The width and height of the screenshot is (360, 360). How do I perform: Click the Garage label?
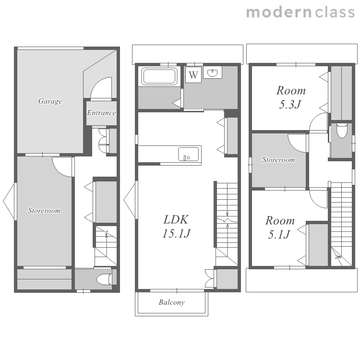50,101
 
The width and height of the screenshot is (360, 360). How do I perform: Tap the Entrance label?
101,113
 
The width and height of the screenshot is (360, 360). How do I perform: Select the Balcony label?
171,302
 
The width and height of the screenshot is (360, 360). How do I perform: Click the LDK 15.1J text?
176,227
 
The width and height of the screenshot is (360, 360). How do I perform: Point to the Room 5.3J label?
291,97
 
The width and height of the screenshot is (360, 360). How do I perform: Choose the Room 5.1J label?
280,228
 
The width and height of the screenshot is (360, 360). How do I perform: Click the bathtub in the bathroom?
159,76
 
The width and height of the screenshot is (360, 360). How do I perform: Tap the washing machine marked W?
193,75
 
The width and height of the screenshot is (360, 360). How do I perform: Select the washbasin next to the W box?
213,72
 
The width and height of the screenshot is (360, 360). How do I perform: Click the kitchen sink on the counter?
189,154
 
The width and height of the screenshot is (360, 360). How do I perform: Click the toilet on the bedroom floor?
342,131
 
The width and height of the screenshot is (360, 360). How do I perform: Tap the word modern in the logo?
279,12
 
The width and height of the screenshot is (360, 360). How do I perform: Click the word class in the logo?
335,12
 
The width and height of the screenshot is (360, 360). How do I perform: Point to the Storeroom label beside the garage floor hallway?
44,211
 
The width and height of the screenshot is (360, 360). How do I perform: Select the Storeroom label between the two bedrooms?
278,159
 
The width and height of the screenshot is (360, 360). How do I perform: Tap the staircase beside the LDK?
227,224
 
